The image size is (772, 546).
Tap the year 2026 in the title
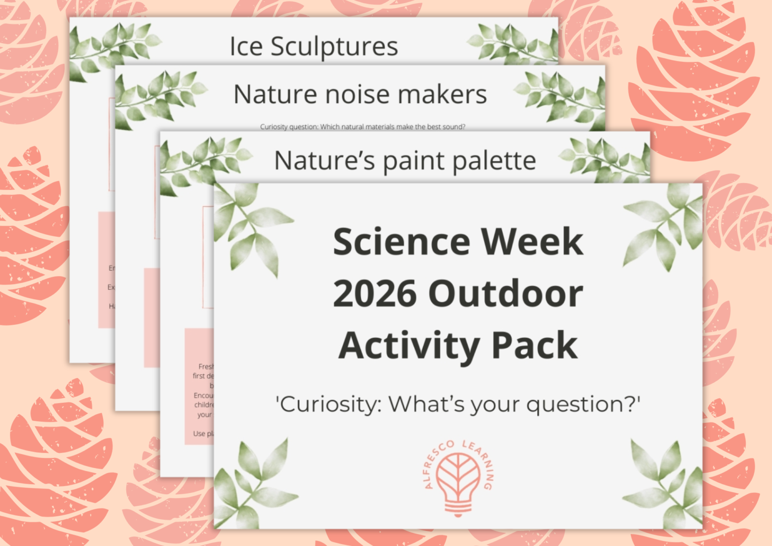click(375, 294)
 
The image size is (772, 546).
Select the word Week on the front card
click(532, 242)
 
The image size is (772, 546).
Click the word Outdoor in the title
click(505, 294)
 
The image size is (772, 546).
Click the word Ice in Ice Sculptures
click(246, 46)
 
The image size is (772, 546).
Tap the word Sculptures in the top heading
click(334, 46)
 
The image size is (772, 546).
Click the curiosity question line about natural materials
click(362, 127)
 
